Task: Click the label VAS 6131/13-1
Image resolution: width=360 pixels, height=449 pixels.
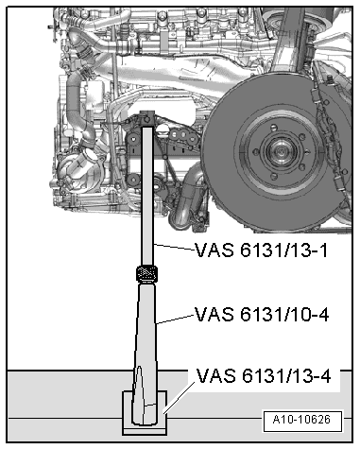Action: (x=262, y=250)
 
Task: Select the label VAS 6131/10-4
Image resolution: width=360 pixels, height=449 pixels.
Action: (x=262, y=313)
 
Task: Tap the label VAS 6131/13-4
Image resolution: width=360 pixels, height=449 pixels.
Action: (x=265, y=377)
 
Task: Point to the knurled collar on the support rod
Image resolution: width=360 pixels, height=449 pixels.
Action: (x=146, y=274)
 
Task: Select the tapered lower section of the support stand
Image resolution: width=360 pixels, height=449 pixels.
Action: (x=146, y=340)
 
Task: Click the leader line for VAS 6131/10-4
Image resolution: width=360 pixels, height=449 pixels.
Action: (x=176, y=319)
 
